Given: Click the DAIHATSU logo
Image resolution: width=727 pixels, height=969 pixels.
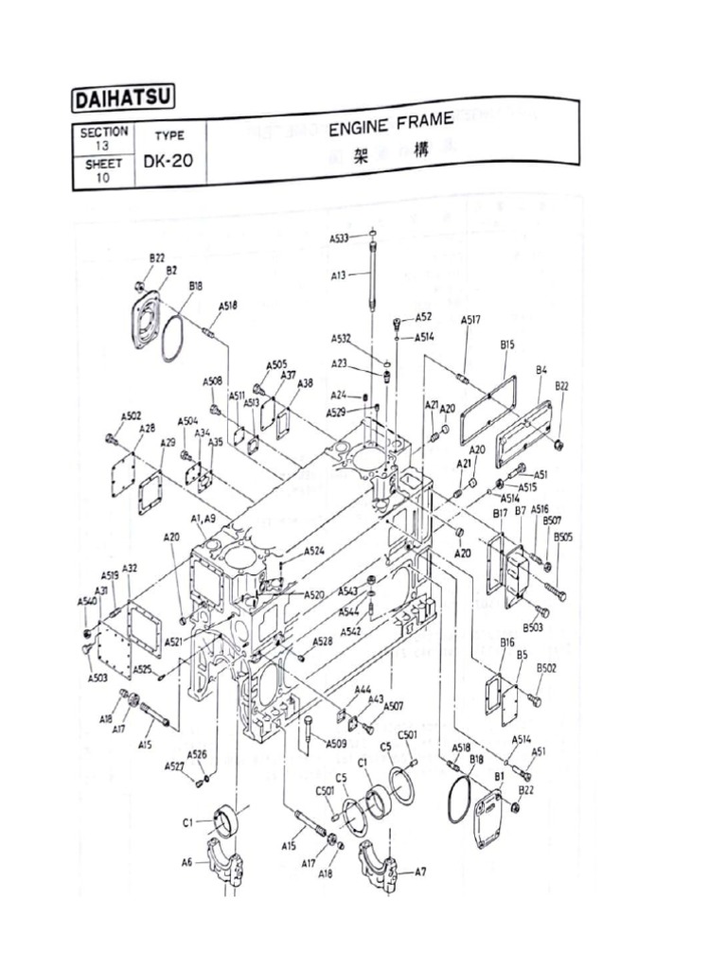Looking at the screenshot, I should (123, 99).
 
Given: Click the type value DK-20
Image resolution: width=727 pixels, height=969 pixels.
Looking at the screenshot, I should (168, 160).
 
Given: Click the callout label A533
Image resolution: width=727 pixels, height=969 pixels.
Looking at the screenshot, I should (340, 238).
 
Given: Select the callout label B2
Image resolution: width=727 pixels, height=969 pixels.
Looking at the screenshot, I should (171, 270).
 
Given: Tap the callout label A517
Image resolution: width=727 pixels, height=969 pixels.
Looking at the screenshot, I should (470, 321).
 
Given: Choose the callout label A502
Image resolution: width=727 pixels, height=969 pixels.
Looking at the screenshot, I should (131, 416).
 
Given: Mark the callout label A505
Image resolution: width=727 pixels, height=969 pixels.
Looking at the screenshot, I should (275, 364).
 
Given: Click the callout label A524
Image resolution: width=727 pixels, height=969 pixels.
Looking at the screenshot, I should (314, 551).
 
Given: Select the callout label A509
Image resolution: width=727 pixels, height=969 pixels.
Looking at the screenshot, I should (336, 744).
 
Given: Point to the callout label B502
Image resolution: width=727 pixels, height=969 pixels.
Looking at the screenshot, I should (547, 668).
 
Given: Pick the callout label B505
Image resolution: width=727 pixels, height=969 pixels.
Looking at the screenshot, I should (563, 537).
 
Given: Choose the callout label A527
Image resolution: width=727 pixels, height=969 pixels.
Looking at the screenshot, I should (173, 766).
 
